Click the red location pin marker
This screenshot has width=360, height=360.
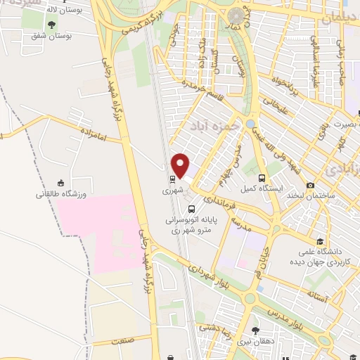click(181, 165)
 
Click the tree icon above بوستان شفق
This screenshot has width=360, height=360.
click(51, 25)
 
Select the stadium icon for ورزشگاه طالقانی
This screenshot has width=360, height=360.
click(60, 181)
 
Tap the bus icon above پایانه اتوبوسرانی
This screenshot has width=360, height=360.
click(191, 208)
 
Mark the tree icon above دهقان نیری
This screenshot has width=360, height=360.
click(255, 329)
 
